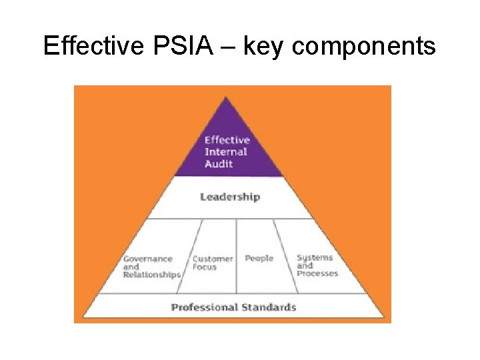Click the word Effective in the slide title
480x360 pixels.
[x=94, y=45]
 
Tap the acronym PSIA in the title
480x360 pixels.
[x=183, y=45]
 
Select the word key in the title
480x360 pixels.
[x=263, y=47]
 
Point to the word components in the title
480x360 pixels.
[x=364, y=47]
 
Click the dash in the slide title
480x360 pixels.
[x=228, y=47]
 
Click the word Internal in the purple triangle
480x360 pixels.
[x=226, y=152]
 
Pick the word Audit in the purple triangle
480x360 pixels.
[x=219, y=164]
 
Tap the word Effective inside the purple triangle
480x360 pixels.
[x=227, y=140]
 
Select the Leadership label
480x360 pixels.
[x=230, y=197]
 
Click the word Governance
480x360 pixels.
[x=148, y=259]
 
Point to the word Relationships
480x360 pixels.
[x=152, y=275]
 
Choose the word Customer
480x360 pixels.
[x=213, y=259]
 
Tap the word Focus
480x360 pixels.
[x=205, y=267]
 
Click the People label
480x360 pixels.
[x=259, y=259]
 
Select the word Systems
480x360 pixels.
[x=315, y=258]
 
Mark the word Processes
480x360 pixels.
[x=317, y=273]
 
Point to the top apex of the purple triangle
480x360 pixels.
[x=225, y=97]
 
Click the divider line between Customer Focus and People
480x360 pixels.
[x=236, y=256]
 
